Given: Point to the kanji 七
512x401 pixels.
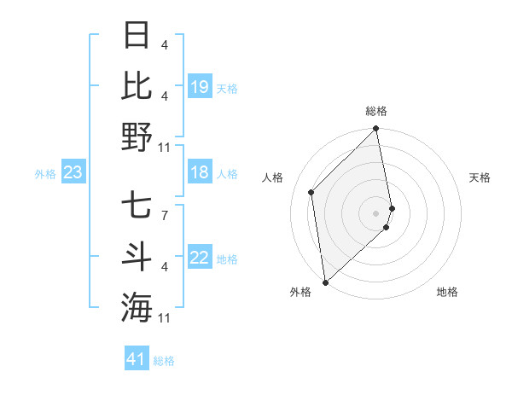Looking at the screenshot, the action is (137, 206).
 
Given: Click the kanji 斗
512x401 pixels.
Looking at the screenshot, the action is (137, 257).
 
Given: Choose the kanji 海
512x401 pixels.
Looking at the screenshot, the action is (137, 307).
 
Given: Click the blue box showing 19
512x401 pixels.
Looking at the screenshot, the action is (199, 86).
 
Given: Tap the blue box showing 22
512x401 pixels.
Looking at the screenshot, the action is (199, 259).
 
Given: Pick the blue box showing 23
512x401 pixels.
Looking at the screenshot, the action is (73, 173).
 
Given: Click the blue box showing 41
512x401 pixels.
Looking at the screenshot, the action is (137, 359).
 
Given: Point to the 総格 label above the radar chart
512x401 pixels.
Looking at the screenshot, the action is (376, 111).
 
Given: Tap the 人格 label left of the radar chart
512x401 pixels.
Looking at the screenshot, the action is (273, 177).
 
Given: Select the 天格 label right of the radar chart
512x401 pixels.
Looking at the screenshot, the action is (480, 177).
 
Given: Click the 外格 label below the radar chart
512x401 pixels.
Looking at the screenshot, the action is (300, 292).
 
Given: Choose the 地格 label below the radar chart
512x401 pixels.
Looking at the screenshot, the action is (447, 292).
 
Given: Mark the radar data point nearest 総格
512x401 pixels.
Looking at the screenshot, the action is (376, 130).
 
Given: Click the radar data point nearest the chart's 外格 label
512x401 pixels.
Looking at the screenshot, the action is (325, 282).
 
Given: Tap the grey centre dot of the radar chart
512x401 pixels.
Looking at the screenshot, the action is (376, 212).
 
